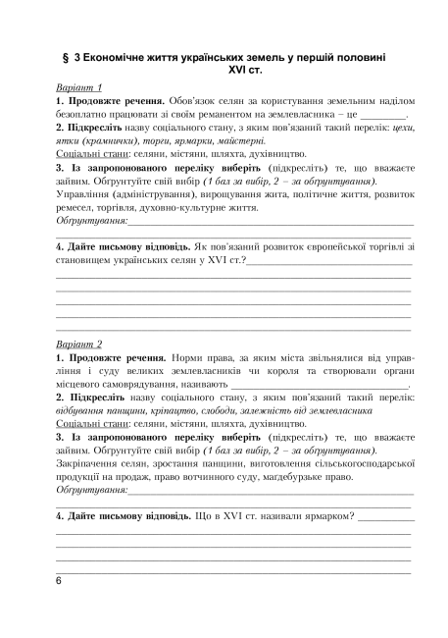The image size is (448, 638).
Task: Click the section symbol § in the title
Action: (x=65, y=58)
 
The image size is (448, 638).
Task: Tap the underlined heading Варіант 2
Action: (x=80, y=346)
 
